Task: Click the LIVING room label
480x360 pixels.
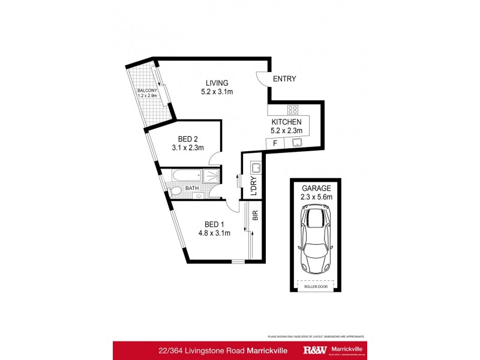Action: pos(217,83)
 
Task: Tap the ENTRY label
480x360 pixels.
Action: pos(284,79)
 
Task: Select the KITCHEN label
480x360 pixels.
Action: pos(286,121)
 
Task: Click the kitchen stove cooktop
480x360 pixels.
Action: pos(293,109)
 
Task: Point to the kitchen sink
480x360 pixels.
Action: pos(296,143)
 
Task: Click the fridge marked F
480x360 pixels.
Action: pos(275,143)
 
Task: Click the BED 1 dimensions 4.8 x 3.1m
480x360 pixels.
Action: pos(214,233)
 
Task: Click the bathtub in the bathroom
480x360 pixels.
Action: pos(188,176)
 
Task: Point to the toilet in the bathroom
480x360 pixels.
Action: pos(175,191)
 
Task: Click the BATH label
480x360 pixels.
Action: pos(192,188)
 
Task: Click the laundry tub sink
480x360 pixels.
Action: pos(254,167)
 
